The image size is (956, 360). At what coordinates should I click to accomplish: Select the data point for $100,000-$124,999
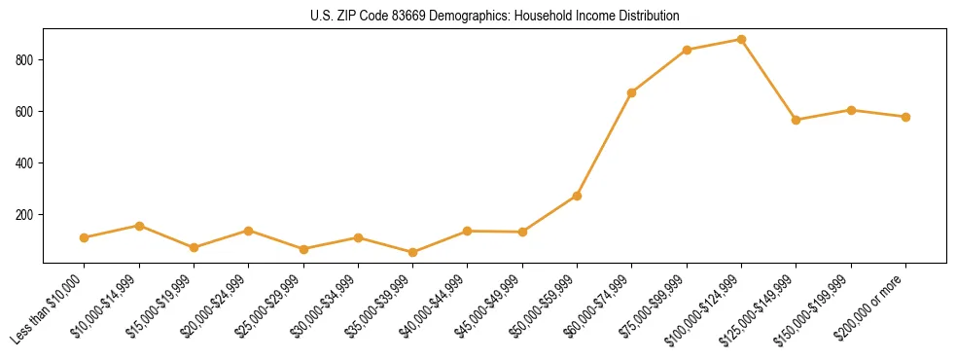742,40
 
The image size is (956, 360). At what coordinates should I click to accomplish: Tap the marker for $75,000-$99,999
688,50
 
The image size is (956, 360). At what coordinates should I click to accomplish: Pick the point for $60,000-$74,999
632,92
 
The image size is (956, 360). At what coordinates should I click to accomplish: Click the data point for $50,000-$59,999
578,196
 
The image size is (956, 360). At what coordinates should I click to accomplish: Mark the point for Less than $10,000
85,237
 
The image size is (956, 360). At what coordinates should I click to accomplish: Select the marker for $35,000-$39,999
413,252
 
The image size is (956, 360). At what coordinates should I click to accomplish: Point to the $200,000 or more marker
906,117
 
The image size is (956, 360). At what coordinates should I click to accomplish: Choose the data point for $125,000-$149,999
797,120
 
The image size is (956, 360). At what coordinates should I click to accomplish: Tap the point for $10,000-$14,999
140,226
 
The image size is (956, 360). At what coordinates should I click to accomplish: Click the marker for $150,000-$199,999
852,110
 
